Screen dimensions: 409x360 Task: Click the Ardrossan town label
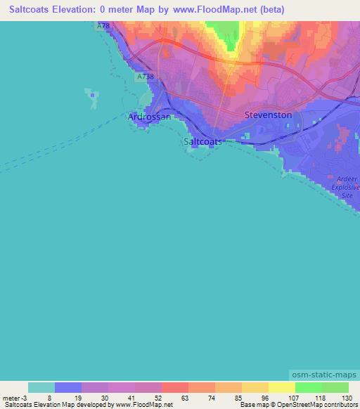click(x=149, y=117)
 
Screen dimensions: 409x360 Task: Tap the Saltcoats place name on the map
click(x=202, y=141)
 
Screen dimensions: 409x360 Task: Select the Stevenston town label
click(x=268, y=115)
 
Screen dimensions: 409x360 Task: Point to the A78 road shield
click(x=104, y=26)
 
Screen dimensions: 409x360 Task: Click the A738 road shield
click(x=146, y=76)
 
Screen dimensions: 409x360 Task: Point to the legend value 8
click(x=49, y=397)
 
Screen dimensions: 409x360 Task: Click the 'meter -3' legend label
click(x=15, y=397)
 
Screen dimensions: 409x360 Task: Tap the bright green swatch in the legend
click(x=308, y=387)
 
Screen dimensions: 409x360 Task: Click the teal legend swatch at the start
click(x=41, y=387)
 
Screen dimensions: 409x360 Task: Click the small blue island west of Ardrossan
click(x=91, y=99)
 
